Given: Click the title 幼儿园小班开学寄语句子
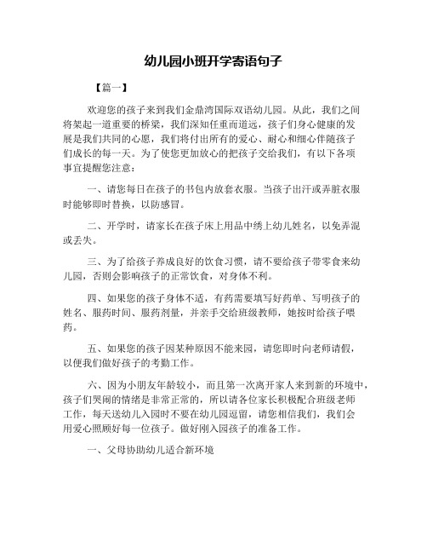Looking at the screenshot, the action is point(213,61).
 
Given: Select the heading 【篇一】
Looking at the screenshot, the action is point(112,88).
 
